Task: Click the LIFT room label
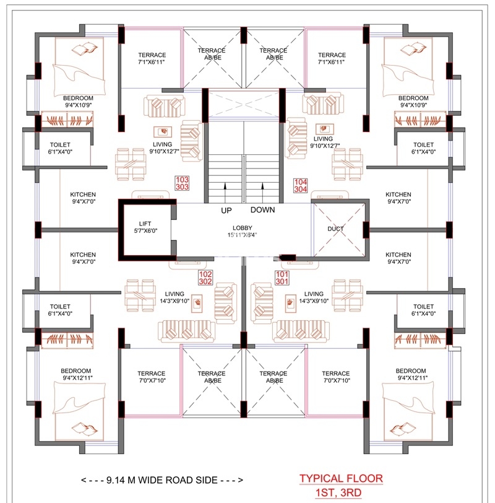tap(145, 224)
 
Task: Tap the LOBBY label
tap(242, 228)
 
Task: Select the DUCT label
tap(335, 229)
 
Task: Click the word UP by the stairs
tap(226, 211)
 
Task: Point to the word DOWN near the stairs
tap(263, 210)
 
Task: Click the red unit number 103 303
tap(182, 183)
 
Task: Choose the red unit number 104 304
tap(301, 186)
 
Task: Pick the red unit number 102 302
tap(205, 278)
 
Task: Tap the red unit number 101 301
tap(282, 278)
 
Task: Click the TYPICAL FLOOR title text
tap(341, 479)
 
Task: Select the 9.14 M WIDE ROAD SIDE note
tap(162, 480)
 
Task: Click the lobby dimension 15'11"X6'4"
tap(242, 235)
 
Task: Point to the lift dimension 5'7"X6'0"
tap(145, 230)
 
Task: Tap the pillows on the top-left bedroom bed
tap(85, 49)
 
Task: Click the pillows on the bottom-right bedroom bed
tap(402, 429)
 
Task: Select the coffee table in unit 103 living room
tap(163, 131)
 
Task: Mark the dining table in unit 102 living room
tap(140, 295)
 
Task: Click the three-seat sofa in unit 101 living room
tap(301, 331)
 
